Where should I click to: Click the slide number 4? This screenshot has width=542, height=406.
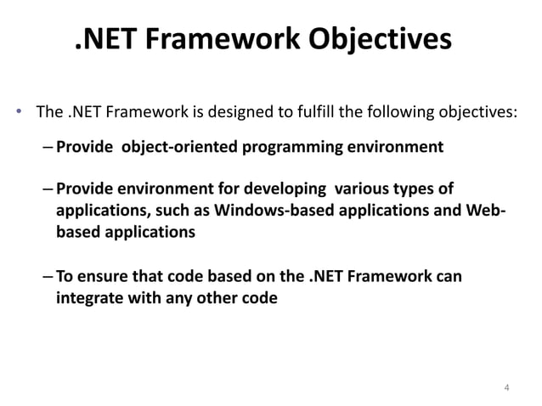506,389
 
